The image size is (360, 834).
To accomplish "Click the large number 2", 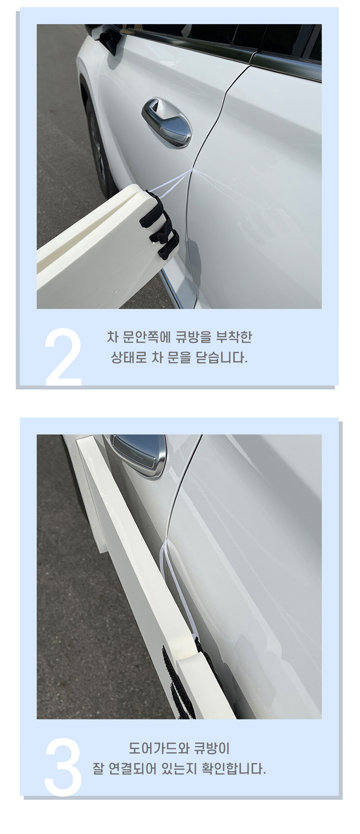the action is click(63, 357).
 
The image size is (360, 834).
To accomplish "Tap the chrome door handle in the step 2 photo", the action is click(166, 123).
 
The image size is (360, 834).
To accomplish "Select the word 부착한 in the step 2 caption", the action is click(234, 337).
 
